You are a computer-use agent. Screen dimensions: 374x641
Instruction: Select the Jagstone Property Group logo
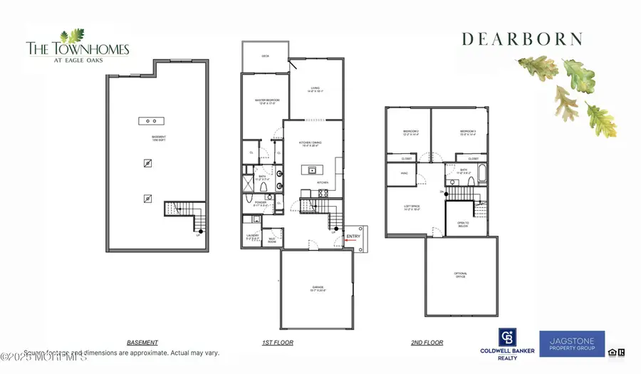point(572,344)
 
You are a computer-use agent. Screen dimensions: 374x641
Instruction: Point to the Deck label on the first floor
point(265,56)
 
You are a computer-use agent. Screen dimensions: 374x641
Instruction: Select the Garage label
point(316,289)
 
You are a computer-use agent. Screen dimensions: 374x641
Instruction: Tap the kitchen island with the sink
point(311,170)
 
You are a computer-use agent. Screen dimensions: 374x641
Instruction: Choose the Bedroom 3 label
point(468,132)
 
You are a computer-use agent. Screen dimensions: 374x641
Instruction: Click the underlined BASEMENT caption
point(142,343)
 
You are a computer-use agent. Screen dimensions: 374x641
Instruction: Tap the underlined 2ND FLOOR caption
point(427,343)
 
